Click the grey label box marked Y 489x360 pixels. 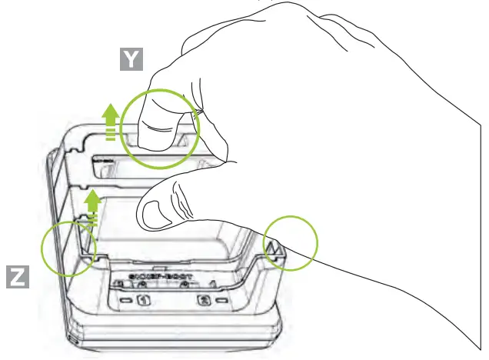point(133,59)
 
